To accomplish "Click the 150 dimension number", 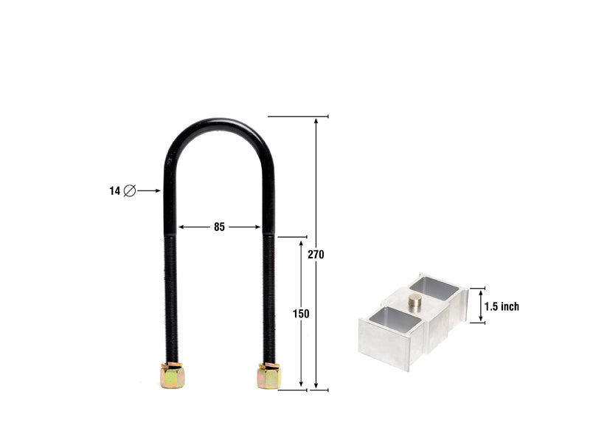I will [301, 314].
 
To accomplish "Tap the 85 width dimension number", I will [219, 227].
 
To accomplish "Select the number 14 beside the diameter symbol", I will [114, 190].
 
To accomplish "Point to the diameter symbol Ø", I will [129, 190].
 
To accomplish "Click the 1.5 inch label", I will [502, 306].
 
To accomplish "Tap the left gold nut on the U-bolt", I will [172, 376].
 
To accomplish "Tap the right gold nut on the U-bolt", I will [268, 376].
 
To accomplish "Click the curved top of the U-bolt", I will [219, 125].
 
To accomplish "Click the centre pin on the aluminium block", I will [415, 300].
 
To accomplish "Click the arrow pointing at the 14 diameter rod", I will [149, 190].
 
